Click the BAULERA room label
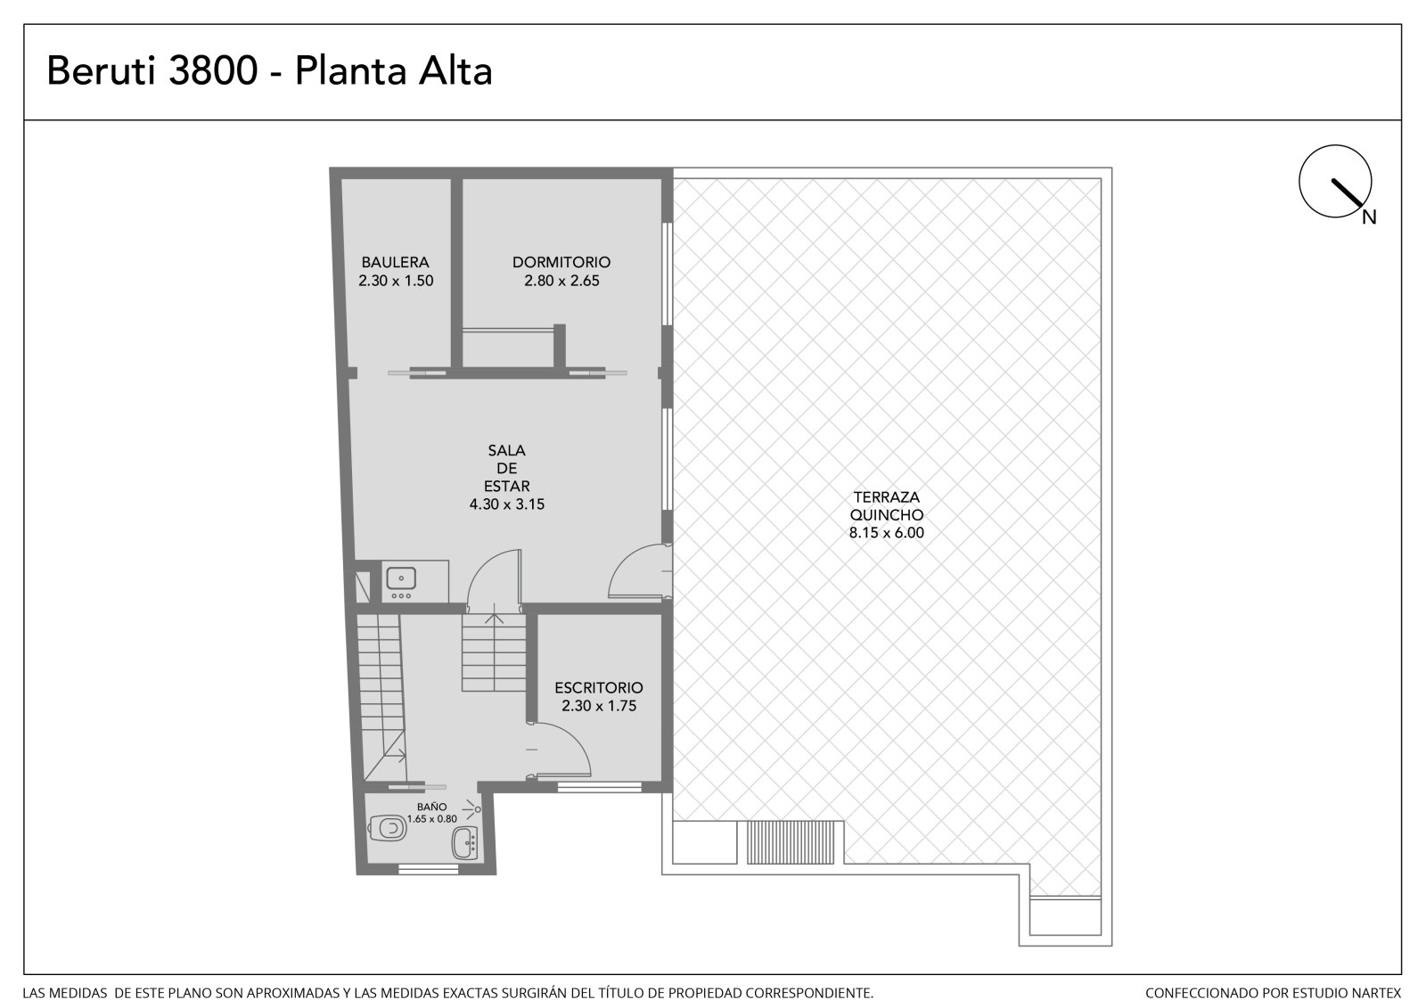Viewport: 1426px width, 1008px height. pos(396,262)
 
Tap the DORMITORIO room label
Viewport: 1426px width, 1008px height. pos(561,262)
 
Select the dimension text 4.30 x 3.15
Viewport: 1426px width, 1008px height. pos(507,504)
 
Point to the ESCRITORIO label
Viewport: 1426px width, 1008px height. pos(598,688)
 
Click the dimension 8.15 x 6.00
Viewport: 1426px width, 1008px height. pos(886,533)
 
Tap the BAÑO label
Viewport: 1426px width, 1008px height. pos(432,807)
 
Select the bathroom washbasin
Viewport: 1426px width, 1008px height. pos(464,843)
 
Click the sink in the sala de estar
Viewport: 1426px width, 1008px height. pos(401,578)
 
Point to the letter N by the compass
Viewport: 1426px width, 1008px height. pos(1369,217)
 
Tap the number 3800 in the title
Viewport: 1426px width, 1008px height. pos(213,70)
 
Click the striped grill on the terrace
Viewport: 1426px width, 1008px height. pos(790,842)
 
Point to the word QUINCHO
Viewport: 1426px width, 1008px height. pos(886,514)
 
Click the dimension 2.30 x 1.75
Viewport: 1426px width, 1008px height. pos(598,706)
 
